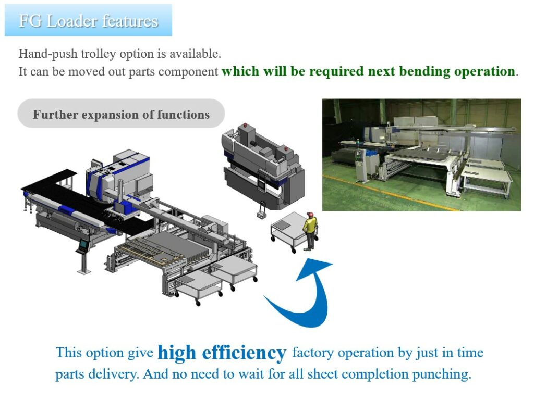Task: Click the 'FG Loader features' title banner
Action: pos(88,21)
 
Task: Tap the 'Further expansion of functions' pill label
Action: pos(121,114)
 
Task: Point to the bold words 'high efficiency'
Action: pos(222,353)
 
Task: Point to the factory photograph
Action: pos(421,155)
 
